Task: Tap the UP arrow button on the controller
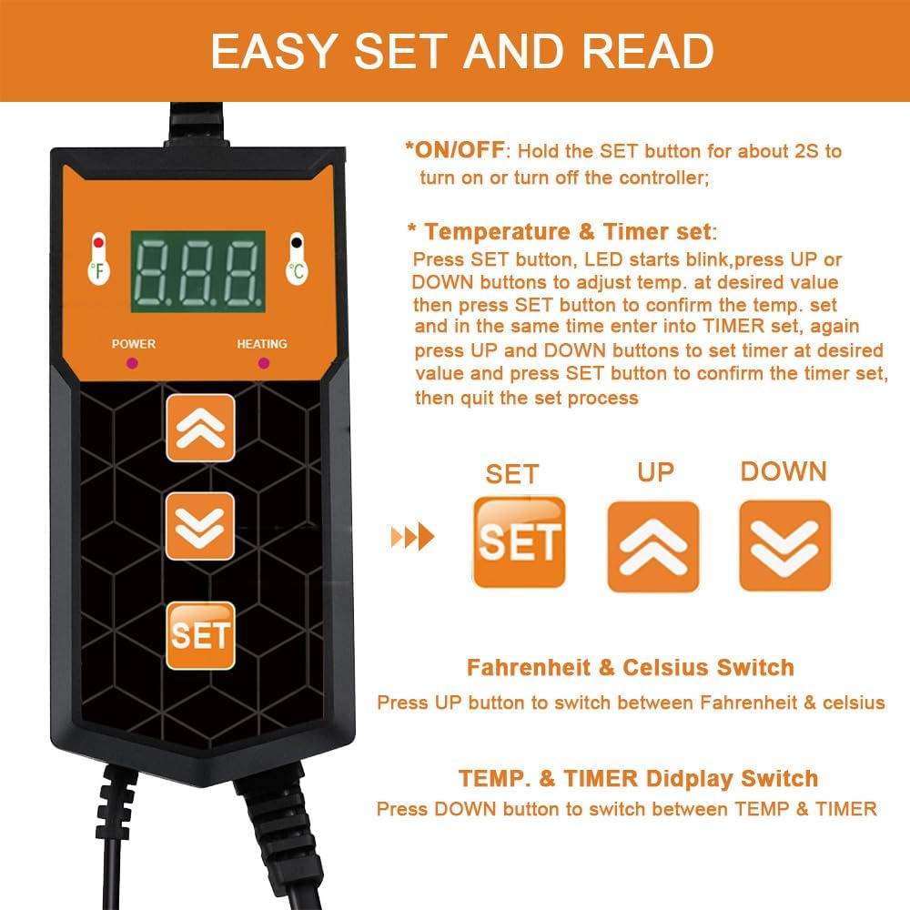[x=200, y=428]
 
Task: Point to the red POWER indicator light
[x=133, y=363]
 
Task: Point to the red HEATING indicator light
[x=263, y=363]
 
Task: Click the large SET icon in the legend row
[x=520, y=542]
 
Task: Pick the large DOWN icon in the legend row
[x=784, y=545]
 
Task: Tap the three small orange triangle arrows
[x=412, y=538]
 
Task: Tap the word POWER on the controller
[x=133, y=344]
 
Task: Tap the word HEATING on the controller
[x=261, y=344]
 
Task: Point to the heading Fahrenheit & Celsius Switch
[x=630, y=668]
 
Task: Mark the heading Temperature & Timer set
[x=564, y=231]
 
